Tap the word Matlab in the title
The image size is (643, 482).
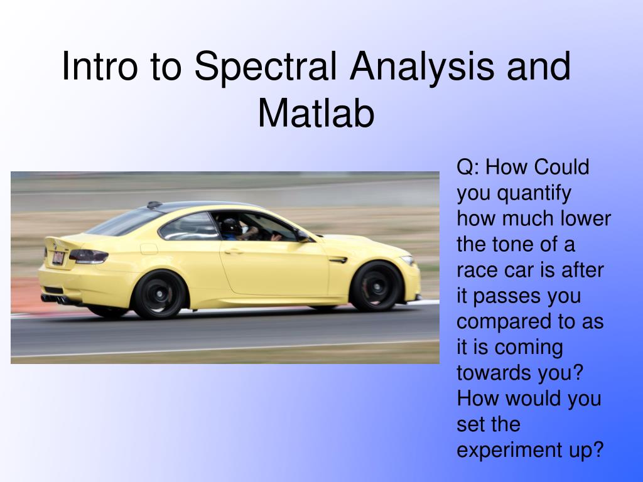tap(316, 114)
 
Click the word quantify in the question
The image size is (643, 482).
tap(532, 193)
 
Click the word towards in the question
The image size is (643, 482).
tap(494, 373)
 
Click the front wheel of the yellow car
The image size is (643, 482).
tap(376, 286)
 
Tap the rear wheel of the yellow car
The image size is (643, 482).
tap(159, 294)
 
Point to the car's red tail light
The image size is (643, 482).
tap(89, 255)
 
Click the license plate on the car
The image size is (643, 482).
tap(57, 258)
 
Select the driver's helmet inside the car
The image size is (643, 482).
tap(230, 227)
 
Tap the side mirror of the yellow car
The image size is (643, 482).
tap(304, 236)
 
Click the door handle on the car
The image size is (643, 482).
tap(234, 251)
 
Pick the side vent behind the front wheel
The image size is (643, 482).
tap(337, 259)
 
